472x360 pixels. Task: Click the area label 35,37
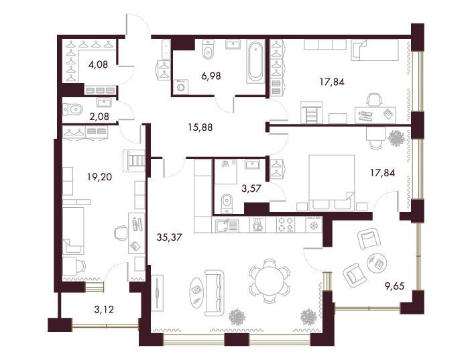170,237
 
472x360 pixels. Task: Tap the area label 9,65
394,286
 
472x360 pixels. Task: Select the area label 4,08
98,64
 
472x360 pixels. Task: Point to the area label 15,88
200,127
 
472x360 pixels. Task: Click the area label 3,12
104,309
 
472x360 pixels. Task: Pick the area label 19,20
100,177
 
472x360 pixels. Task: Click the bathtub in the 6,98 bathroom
256,62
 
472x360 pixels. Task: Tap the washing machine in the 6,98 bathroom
181,86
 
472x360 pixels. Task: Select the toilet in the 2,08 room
72,109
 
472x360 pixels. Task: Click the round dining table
270,280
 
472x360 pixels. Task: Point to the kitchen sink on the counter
227,225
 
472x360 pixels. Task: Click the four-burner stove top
286,225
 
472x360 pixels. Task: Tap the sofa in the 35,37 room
214,292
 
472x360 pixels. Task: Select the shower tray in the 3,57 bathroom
227,172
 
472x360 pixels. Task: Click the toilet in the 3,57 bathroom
227,204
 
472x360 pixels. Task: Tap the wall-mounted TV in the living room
158,292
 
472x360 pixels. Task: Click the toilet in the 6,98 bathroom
208,51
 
